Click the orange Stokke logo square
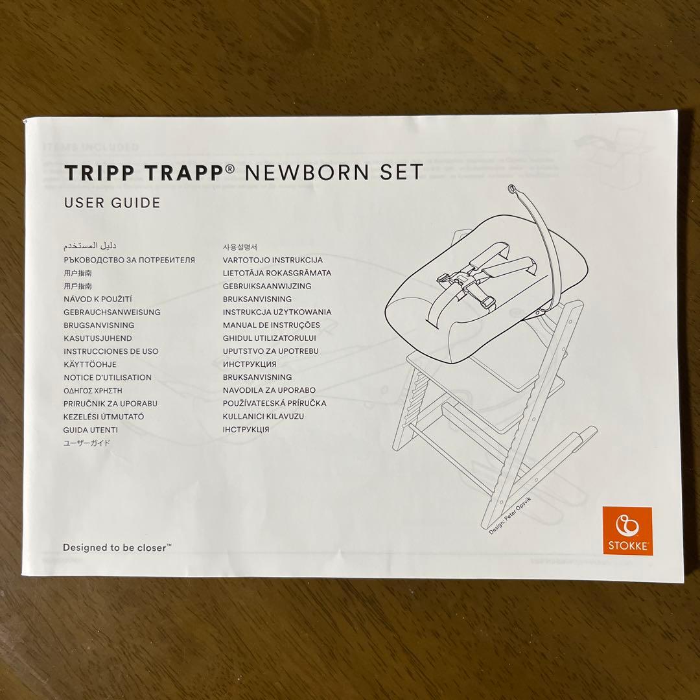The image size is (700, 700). click(x=628, y=530)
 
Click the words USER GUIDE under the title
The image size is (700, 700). click(x=111, y=203)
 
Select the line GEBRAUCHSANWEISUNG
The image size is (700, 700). click(x=111, y=312)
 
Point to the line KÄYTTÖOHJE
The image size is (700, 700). click(x=90, y=364)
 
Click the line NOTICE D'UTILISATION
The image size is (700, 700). click(x=108, y=377)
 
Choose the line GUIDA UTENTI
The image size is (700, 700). click(x=91, y=430)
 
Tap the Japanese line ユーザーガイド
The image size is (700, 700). click(x=87, y=443)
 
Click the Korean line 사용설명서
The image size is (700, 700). click(x=240, y=247)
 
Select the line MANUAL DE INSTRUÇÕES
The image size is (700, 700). click(x=272, y=325)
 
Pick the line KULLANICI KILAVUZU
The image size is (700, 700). click(x=263, y=416)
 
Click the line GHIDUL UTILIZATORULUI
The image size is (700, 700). click(x=270, y=338)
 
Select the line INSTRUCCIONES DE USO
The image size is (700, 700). click(x=111, y=351)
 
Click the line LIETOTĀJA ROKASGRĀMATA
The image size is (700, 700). click(x=277, y=273)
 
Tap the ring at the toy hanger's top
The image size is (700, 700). click(x=513, y=189)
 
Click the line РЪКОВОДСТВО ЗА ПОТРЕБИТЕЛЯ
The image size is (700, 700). click(x=129, y=260)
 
